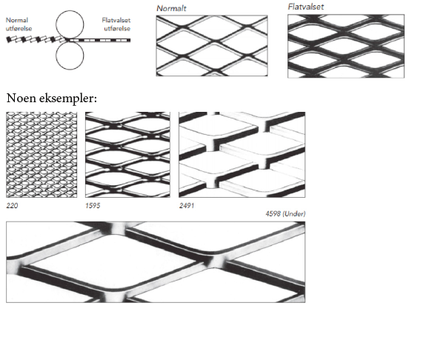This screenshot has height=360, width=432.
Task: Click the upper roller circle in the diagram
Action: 70,12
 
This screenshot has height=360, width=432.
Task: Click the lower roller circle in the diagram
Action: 70,69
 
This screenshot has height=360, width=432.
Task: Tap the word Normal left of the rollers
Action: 17,20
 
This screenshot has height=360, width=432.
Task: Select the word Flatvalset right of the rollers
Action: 116,20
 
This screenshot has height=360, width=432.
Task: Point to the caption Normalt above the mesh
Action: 171,8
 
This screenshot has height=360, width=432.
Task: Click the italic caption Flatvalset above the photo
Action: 306,7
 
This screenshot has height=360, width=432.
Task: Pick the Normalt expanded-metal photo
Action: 212,46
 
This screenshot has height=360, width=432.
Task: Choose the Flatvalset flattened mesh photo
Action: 346,46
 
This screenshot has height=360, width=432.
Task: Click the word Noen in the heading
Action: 21,98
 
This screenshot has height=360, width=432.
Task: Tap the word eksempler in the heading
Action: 68,99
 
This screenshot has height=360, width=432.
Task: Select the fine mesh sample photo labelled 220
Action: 41,155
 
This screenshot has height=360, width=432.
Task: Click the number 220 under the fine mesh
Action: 12,205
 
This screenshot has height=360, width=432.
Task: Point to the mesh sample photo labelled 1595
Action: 127,155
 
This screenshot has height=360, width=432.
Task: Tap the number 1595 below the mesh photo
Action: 93,205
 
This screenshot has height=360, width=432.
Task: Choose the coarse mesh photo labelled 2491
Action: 242,155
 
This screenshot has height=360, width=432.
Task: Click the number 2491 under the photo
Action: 187,205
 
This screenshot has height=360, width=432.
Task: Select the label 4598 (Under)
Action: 285,214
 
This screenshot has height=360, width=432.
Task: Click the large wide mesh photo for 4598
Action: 156,262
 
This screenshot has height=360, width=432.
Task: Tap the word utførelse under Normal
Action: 19,28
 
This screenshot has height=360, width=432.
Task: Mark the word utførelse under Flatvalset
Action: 117,28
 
